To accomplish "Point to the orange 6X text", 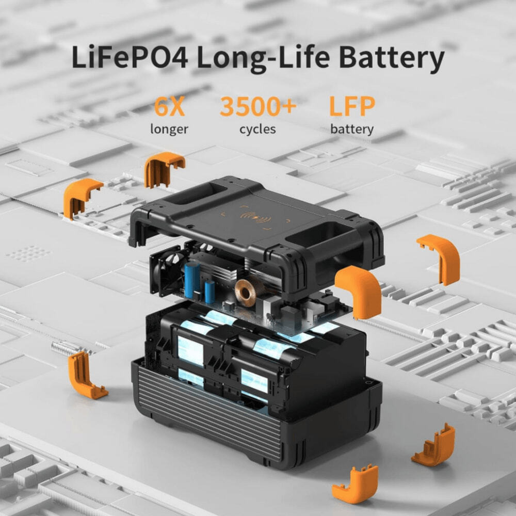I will pos(169,107).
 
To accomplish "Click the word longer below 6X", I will pos(169,129).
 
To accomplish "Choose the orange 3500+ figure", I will pos(258,107).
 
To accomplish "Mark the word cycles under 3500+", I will pos(257,129).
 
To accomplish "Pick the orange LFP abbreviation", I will pos(352,107).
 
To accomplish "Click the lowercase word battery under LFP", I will pos(352,129).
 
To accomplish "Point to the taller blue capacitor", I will pos(192,280).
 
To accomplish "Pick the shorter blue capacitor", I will pos(209,292).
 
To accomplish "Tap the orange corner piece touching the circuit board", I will pos(358,292).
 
